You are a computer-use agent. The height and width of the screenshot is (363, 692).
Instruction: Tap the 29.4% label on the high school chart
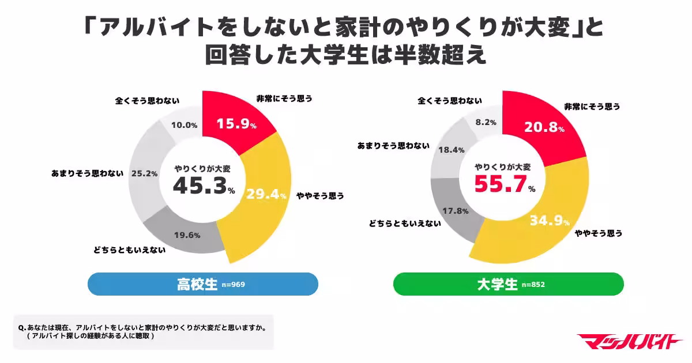click(266, 195)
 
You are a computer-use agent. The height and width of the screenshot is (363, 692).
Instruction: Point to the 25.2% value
click(144, 173)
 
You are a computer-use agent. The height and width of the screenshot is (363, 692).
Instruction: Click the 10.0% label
click(185, 125)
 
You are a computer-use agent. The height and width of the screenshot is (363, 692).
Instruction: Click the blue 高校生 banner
click(202, 284)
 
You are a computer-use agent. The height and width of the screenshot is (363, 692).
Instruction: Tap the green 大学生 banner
click(508, 284)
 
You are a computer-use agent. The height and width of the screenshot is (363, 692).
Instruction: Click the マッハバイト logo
click(629, 341)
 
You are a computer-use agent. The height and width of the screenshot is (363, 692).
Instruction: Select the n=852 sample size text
click(533, 285)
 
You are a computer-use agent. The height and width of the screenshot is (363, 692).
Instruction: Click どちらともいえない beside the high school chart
click(130, 250)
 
